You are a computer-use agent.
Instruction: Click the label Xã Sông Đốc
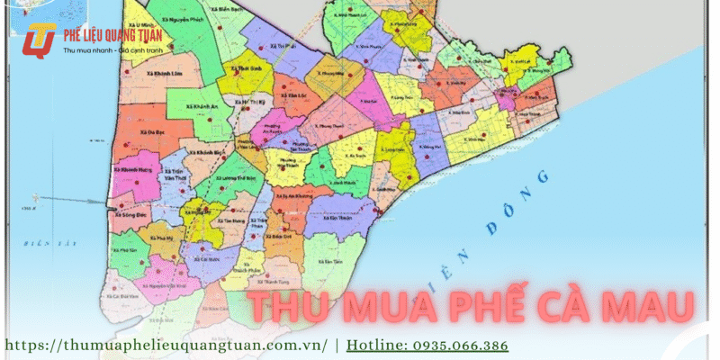(x=131, y=217)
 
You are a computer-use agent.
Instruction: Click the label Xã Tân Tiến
(x=333, y=261)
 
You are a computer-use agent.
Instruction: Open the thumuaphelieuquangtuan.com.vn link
(x=167, y=346)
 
